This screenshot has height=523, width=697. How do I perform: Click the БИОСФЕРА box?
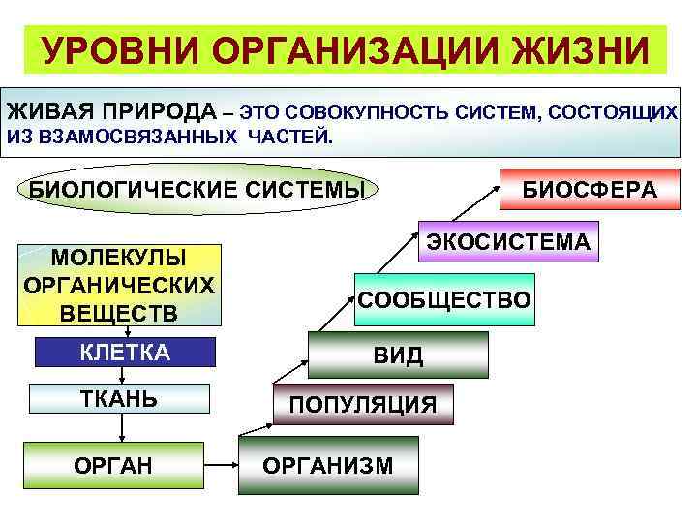pos(590,189)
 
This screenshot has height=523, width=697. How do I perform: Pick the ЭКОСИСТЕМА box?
pos(508,241)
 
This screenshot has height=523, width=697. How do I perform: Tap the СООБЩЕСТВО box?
pos(444,299)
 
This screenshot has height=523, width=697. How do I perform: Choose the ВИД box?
pos(398,354)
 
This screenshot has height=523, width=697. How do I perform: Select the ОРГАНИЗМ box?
pos(329,466)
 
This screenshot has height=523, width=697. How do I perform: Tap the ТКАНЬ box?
pos(119,399)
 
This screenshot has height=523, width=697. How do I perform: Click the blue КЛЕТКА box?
pos(125,352)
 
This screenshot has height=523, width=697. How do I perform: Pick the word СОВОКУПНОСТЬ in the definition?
pos(365,112)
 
